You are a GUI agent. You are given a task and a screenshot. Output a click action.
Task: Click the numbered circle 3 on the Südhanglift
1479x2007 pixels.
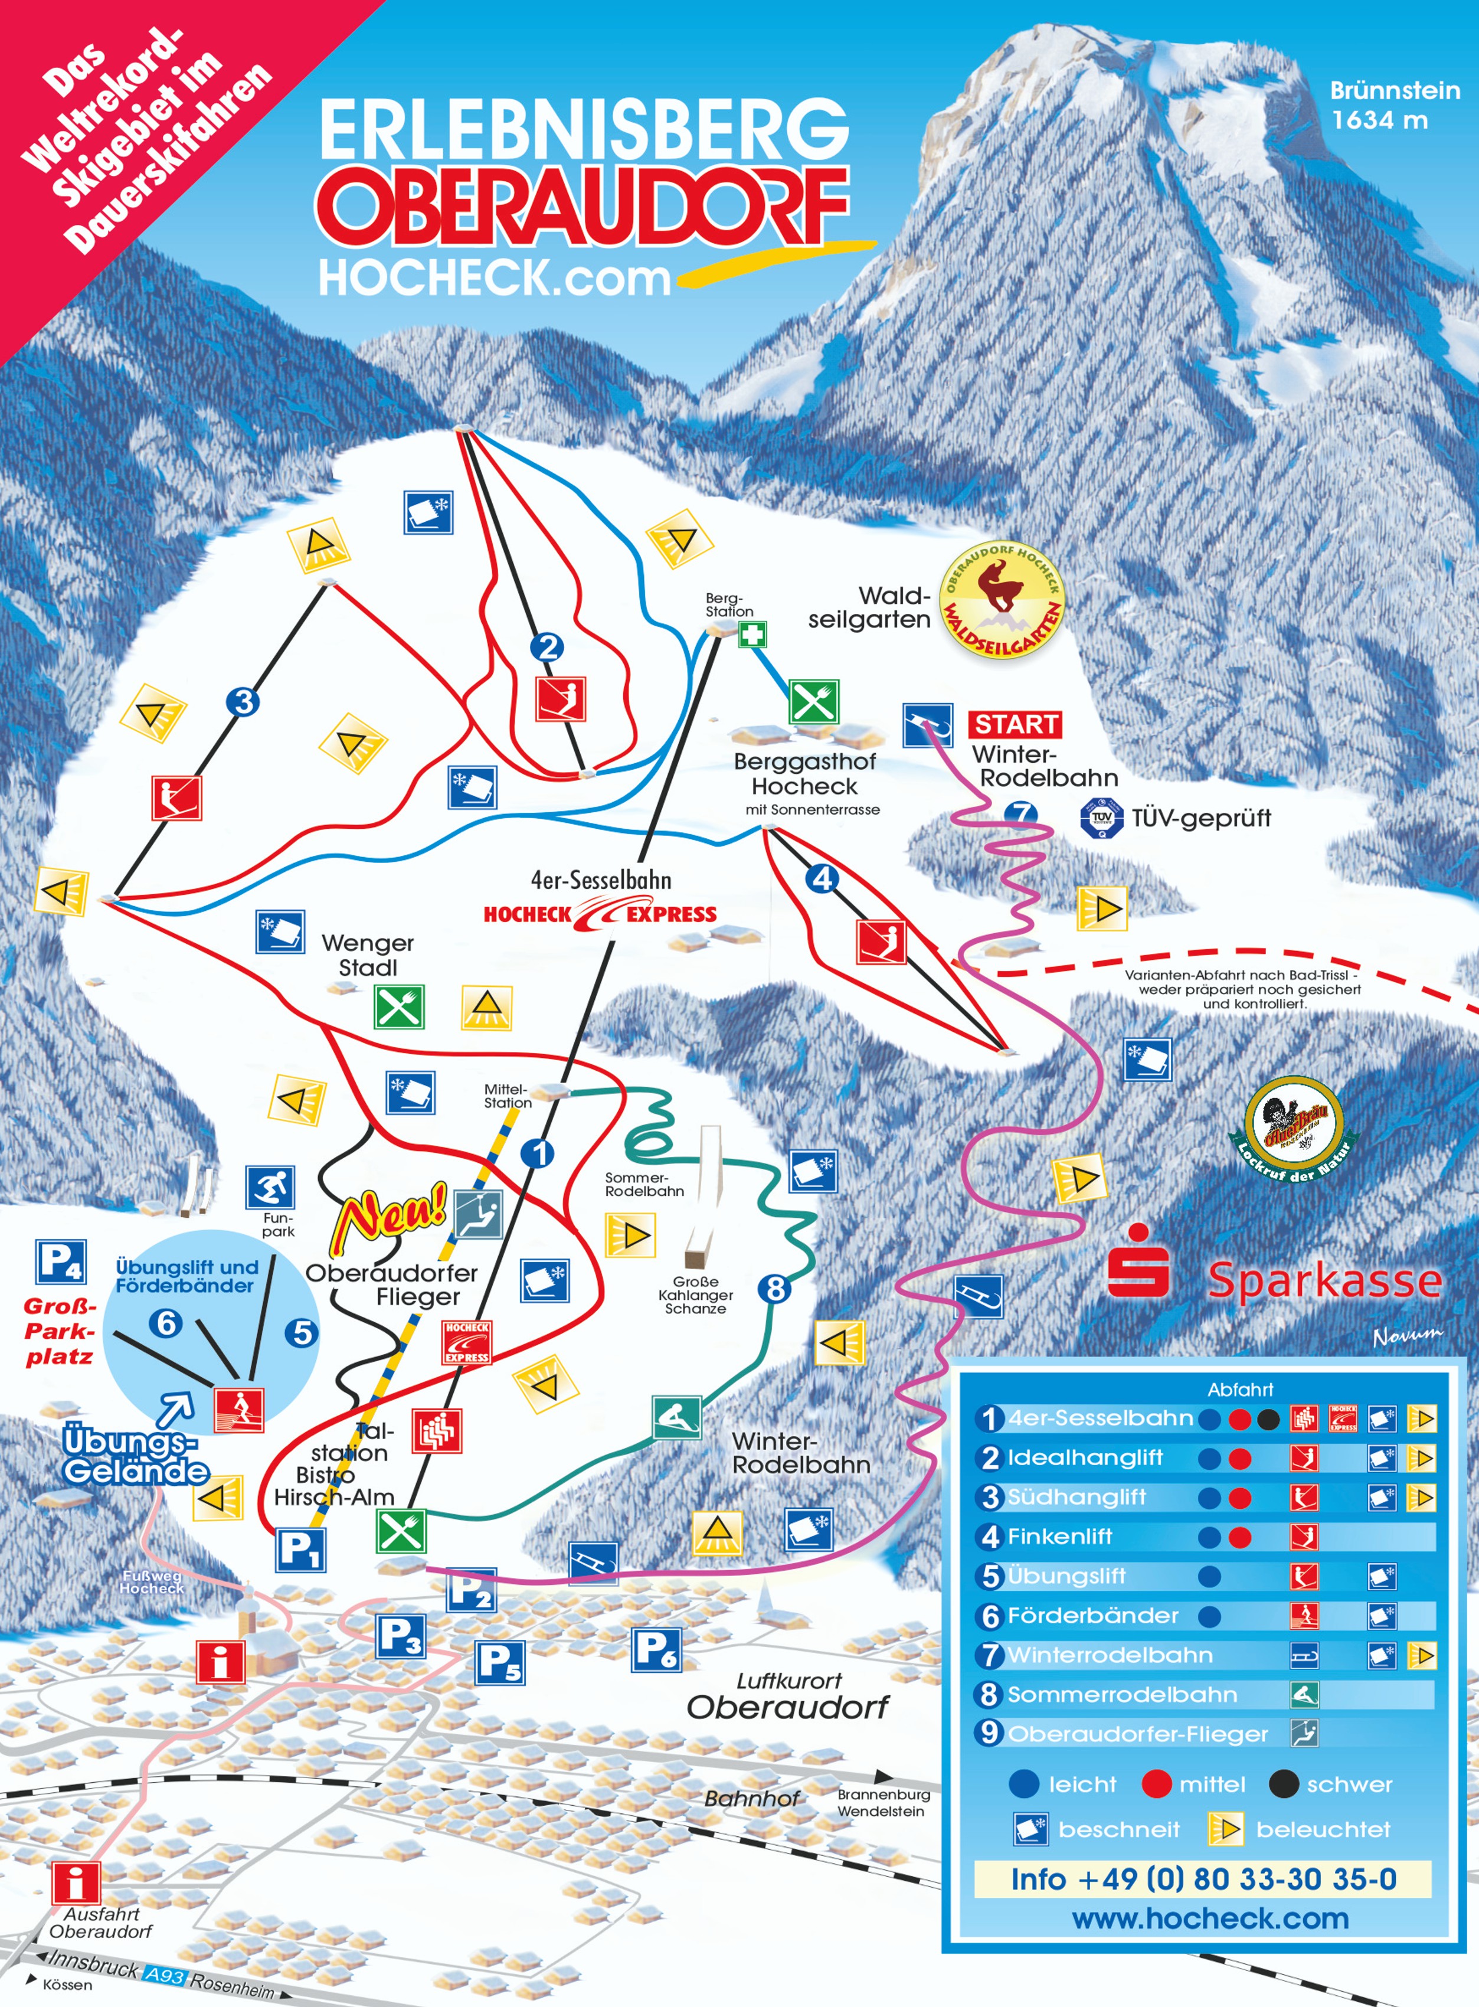(243, 701)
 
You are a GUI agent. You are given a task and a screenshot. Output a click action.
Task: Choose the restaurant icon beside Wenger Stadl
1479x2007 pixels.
(398, 1008)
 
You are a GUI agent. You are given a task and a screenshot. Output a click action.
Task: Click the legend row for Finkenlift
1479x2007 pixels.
(1204, 1537)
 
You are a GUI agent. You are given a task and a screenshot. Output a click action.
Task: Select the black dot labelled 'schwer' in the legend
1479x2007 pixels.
(1284, 1784)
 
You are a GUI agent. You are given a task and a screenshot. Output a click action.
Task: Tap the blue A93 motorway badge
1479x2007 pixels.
(165, 1975)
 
